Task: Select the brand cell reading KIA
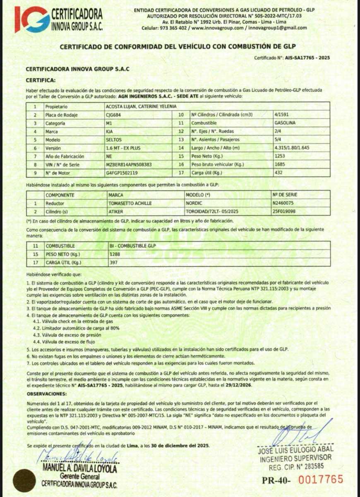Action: point(110,131)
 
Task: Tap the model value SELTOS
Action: point(114,140)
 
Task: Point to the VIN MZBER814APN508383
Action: point(129,164)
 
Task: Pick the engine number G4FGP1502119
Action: point(122,173)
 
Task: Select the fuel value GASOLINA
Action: point(285,123)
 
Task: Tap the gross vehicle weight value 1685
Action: point(280,164)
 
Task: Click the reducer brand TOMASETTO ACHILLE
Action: point(130,203)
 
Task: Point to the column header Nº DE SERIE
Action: point(285,195)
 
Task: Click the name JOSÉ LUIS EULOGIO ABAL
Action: point(295,449)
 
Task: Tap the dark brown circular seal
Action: point(24,480)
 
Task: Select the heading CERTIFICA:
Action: point(38,80)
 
